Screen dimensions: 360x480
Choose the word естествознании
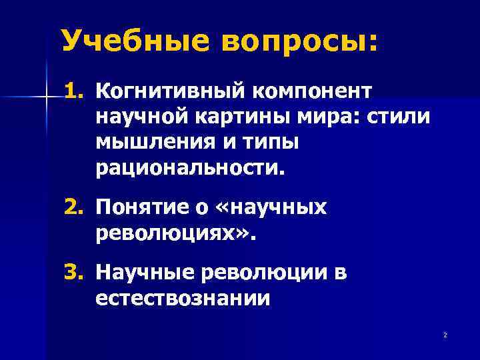[x=183, y=299]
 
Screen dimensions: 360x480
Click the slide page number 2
[x=444, y=335]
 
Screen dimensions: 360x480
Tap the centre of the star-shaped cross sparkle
[x=47, y=97]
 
